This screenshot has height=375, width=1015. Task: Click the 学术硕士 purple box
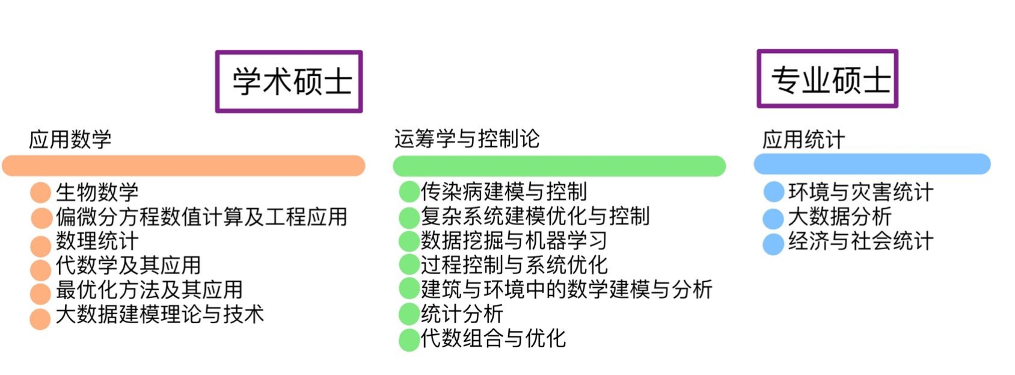click(x=289, y=81)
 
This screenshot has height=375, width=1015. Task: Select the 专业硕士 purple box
click(x=827, y=79)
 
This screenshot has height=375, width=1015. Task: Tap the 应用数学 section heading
click(x=70, y=140)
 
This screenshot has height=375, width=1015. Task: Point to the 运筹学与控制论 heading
click(x=467, y=139)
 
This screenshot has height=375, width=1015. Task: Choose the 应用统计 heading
click(x=804, y=140)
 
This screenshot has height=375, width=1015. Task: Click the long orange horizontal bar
click(x=183, y=166)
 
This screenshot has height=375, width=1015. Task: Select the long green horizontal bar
click(x=559, y=166)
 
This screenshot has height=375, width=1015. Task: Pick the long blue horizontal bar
click(x=872, y=164)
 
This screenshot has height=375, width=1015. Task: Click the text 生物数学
click(x=97, y=193)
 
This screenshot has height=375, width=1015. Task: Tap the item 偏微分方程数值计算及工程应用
click(x=201, y=217)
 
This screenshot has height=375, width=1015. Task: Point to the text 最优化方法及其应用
click(x=149, y=290)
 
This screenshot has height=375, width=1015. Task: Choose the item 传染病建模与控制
click(x=504, y=192)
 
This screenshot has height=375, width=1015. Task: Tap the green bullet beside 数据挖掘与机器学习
click(x=409, y=241)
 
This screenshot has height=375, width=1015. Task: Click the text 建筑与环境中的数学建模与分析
click(x=566, y=290)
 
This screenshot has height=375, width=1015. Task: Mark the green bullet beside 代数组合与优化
click(x=409, y=339)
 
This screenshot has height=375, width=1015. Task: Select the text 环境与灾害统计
click(x=861, y=193)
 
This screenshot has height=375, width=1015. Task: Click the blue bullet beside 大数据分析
click(x=773, y=218)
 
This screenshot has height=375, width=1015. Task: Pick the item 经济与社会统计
click(x=861, y=241)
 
